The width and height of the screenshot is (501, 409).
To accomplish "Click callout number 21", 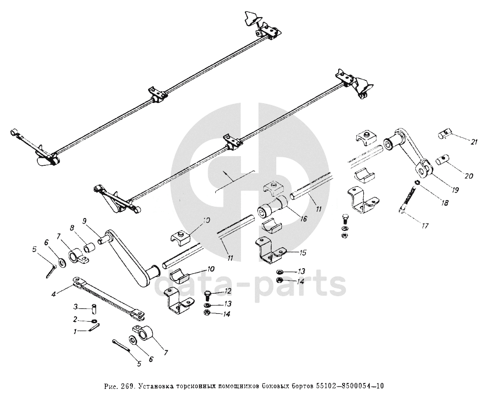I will [x=474, y=142].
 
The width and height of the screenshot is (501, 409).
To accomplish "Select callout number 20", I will [x=469, y=176].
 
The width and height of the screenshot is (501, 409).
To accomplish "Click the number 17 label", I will [x=424, y=226].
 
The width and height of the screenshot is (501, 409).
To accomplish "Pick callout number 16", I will [x=304, y=219].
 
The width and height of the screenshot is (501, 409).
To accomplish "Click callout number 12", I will [x=227, y=291].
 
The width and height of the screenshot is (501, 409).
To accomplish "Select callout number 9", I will [x=85, y=221].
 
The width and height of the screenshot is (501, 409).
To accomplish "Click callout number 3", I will [x=75, y=307].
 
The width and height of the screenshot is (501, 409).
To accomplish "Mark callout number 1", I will [x=75, y=332].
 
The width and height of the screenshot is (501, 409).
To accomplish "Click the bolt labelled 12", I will [x=207, y=295].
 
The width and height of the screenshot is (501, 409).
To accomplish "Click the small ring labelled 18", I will [x=417, y=183].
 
